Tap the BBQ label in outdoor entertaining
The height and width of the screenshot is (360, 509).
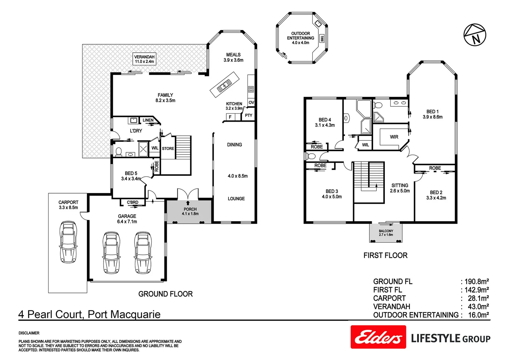[x=322, y=38]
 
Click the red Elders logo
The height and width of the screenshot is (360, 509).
[x=378, y=337]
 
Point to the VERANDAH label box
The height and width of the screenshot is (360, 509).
[x=144, y=59]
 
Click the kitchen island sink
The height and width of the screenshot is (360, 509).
[x=224, y=85]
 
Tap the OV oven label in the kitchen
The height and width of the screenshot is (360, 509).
[x=251, y=103]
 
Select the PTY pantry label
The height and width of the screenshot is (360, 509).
[x=249, y=116]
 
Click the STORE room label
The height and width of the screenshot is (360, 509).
[x=168, y=149]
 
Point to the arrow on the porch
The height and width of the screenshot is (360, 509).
[x=188, y=203]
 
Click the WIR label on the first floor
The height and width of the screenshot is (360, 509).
[x=394, y=137]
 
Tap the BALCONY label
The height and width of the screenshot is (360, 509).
[x=386, y=231]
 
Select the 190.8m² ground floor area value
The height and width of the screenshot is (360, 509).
[x=477, y=282]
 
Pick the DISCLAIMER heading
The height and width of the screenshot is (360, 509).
[x=29, y=333]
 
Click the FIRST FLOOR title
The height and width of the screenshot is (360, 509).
[x=385, y=255]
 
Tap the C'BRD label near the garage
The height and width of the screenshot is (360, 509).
[x=133, y=202]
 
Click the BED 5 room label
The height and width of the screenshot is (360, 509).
[x=131, y=173]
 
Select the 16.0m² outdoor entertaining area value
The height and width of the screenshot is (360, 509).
[x=479, y=315]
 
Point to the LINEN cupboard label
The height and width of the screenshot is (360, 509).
[x=148, y=120]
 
